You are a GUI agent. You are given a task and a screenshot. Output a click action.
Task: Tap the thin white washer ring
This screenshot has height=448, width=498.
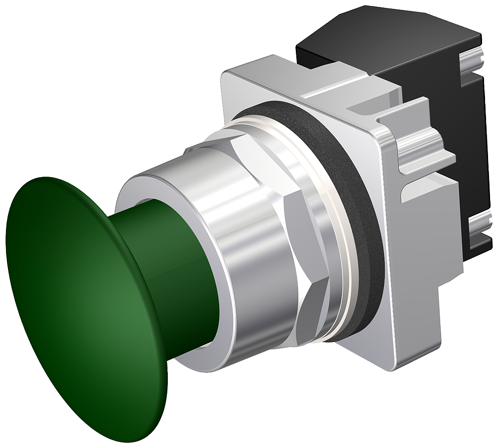click(344, 249)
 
